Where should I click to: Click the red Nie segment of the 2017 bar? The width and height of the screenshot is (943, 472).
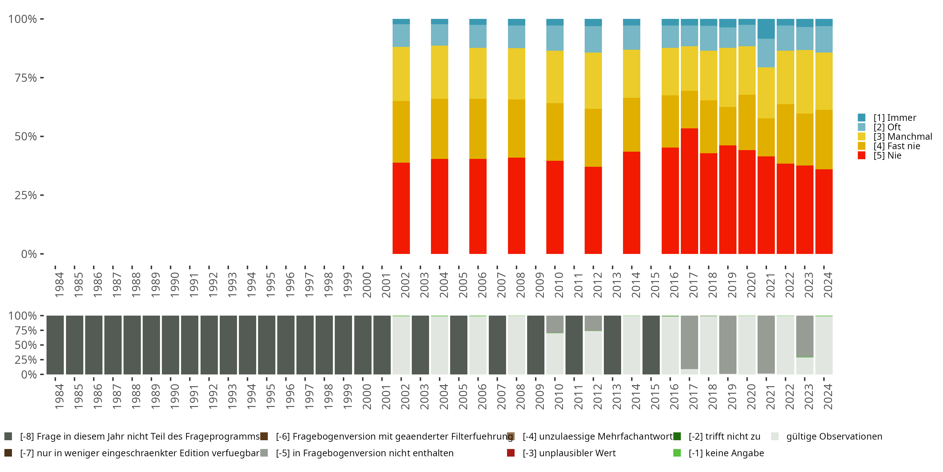(689, 191)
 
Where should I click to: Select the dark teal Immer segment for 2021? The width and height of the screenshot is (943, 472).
(766, 29)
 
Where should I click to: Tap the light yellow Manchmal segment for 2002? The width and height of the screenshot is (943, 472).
(401, 74)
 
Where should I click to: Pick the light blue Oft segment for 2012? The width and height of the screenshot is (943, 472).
(593, 39)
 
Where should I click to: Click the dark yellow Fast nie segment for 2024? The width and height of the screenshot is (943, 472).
(824, 140)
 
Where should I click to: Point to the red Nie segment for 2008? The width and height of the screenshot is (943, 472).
(516, 205)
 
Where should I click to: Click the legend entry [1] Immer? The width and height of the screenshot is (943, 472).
(887, 118)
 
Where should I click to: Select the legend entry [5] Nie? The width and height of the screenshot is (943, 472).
(880, 155)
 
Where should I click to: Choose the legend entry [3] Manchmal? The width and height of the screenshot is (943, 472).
(895, 136)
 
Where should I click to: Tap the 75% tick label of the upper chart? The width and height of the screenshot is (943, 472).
(26, 78)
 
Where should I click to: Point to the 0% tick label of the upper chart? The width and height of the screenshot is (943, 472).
(29, 254)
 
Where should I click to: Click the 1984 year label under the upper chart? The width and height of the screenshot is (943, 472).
(59, 284)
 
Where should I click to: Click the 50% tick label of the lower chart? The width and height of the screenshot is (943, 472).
(26, 345)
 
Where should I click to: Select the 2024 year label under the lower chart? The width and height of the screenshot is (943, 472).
(828, 396)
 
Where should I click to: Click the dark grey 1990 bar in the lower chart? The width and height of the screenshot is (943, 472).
(171, 345)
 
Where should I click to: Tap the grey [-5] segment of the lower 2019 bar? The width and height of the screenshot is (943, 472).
(728, 345)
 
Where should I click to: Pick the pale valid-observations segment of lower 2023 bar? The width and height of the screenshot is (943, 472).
(805, 366)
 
